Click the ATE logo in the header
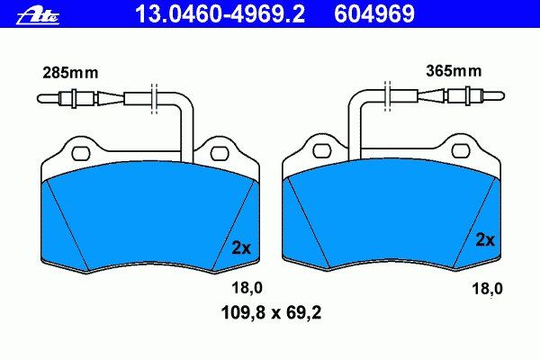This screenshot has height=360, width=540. point(38,16)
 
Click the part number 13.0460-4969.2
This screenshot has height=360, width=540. point(220,14)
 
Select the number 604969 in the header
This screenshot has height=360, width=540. point(374,14)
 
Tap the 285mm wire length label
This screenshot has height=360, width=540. point(70,73)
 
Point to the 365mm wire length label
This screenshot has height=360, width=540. point(454,71)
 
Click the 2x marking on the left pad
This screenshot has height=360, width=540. point(241,247)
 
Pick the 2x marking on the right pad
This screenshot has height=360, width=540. point(485,239)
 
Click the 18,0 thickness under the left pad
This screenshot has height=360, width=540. point(247,288)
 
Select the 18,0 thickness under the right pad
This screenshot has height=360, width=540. point(487,288)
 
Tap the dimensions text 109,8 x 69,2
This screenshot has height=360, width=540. point(271,313)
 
